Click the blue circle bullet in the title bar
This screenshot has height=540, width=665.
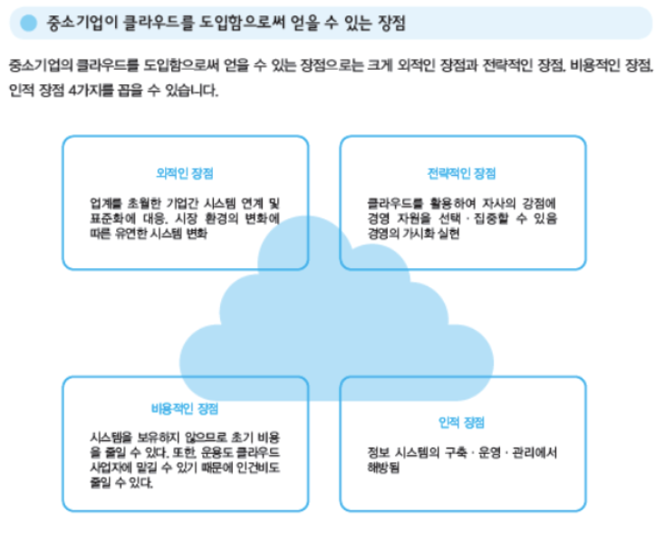coord(29,23)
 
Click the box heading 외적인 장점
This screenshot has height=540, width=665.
coord(185,172)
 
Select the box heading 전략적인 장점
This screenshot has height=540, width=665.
coord(462,173)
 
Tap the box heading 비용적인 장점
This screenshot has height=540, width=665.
coord(185,409)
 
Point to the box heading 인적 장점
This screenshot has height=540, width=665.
coord(462,422)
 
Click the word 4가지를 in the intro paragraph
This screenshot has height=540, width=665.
coord(89,92)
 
